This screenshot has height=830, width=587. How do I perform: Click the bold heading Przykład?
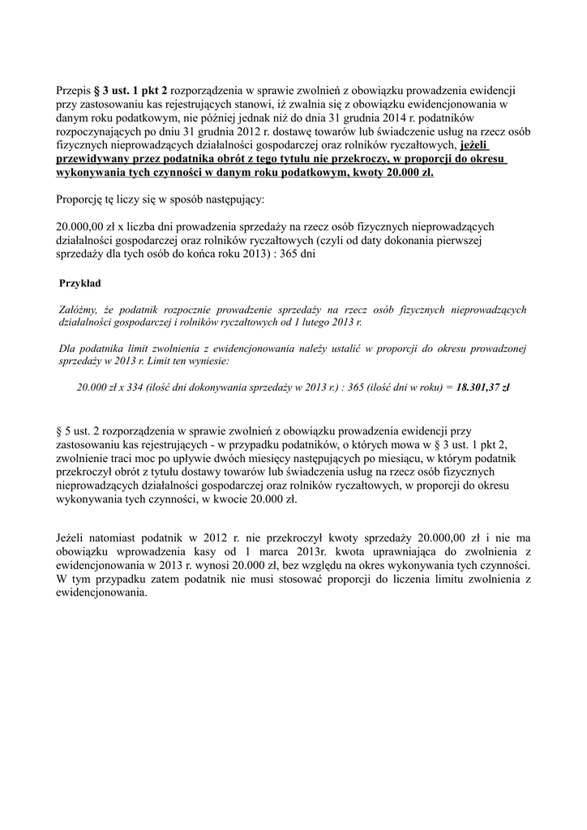pyautogui.click(x=81, y=283)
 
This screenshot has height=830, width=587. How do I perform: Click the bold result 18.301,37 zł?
pyautogui.click(x=483, y=387)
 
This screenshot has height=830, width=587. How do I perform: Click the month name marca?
pyautogui.click(x=259, y=551)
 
